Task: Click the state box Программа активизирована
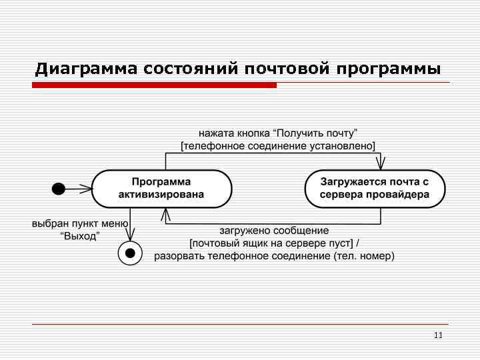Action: tap(161, 188)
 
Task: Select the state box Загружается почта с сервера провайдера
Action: tap(375, 188)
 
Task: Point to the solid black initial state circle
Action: tap(59, 189)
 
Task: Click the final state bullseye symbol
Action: tap(130, 253)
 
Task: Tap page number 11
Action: tap(438, 335)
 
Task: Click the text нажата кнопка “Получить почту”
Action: tap(279, 133)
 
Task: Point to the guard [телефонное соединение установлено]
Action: tap(279, 145)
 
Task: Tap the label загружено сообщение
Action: tap(274, 231)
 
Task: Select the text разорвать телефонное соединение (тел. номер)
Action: tap(274, 255)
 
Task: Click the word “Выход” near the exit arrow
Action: tap(79, 236)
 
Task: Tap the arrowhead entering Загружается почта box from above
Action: tap(381, 164)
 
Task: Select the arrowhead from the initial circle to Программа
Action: tap(86, 189)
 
